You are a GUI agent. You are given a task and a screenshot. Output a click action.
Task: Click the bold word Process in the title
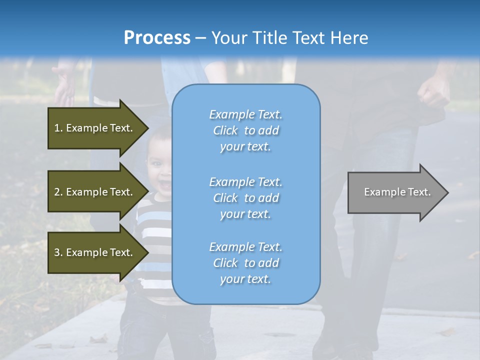(157, 38)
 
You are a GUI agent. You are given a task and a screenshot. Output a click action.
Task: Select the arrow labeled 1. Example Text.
(95, 128)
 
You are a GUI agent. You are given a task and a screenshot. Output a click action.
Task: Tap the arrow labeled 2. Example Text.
(95, 192)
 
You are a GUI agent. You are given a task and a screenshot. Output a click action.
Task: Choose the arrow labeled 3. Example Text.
(95, 252)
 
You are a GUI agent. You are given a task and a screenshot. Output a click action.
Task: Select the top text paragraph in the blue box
(245, 130)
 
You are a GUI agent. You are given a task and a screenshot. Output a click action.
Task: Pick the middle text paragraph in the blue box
(245, 198)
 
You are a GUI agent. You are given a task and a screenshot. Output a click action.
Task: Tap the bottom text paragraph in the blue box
(245, 263)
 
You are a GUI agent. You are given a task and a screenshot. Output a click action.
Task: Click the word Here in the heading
(350, 38)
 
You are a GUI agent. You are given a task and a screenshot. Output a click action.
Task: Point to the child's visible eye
(155, 164)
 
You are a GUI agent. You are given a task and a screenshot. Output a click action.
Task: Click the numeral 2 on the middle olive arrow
(57, 192)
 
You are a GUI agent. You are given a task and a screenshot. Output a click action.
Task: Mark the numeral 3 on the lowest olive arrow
(57, 252)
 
